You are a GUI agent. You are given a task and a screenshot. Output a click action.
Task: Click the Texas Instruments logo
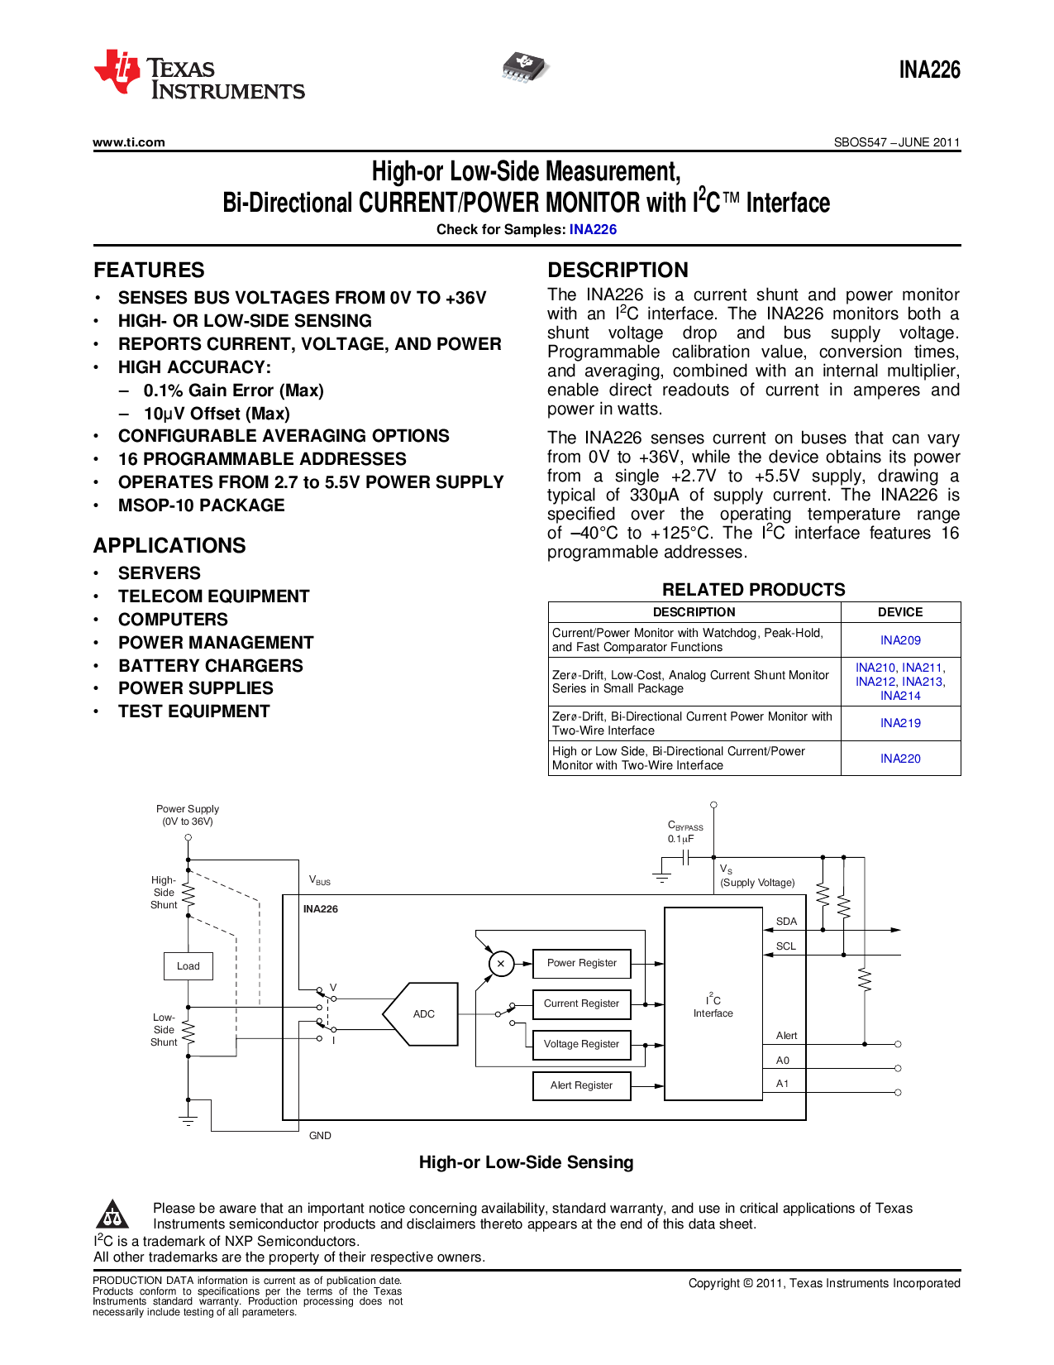[x=198, y=75]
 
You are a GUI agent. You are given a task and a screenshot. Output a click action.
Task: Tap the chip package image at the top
[x=525, y=68]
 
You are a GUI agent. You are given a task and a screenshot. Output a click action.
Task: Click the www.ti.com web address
[x=129, y=142]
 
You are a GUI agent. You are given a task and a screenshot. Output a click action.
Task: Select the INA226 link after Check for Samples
[x=593, y=230]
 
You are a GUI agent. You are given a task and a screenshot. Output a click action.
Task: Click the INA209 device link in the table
[x=900, y=640]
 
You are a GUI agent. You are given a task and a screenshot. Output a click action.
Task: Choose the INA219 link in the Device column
[x=900, y=723]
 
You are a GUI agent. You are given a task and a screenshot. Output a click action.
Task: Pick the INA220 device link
[x=900, y=759]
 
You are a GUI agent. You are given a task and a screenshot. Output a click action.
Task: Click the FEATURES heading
[x=149, y=271]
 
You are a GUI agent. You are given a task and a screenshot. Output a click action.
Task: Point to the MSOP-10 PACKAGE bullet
[x=201, y=505]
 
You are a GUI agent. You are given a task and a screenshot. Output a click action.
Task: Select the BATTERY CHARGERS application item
[x=210, y=666]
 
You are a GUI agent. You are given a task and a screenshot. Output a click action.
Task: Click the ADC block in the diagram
[x=423, y=1014]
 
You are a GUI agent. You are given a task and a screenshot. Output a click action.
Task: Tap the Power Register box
[x=581, y=963]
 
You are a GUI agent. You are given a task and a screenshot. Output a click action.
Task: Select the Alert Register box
[x=581, y=1085]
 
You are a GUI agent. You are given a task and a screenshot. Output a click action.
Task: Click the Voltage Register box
[x=581, y=1044]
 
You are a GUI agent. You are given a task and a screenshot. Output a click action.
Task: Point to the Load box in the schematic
[x=188, y=966]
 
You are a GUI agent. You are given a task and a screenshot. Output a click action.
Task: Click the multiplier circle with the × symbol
[x=500, y=964]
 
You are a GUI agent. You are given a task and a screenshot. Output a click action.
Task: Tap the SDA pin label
[x=786, y=922]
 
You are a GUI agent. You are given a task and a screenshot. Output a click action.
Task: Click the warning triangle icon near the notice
[x=112, y=1215]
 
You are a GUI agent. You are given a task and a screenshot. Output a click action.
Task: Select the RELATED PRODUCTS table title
[x=753, y=590]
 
